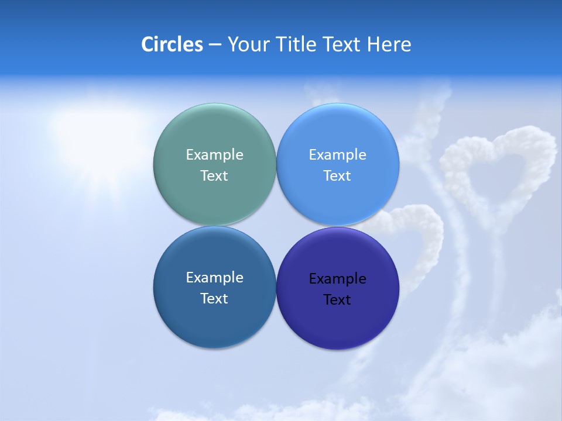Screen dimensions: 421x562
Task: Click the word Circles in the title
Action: click(172, 44)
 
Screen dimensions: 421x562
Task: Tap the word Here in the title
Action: click(389, 44)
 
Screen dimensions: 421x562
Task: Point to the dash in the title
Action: click(215, 45)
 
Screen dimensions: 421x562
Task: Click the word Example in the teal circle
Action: click(214, 155)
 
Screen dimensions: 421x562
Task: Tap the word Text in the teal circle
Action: click(214, 175)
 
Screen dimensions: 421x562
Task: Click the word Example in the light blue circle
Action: click(337, 155)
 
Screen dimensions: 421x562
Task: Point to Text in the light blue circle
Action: click(337, 175)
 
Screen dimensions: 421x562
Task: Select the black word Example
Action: click(337, 279)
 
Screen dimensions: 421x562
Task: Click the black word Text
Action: click(337, 299)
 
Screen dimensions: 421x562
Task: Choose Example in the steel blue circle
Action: click(214, 278)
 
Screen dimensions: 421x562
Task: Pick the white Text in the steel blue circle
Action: click(214, 298)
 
